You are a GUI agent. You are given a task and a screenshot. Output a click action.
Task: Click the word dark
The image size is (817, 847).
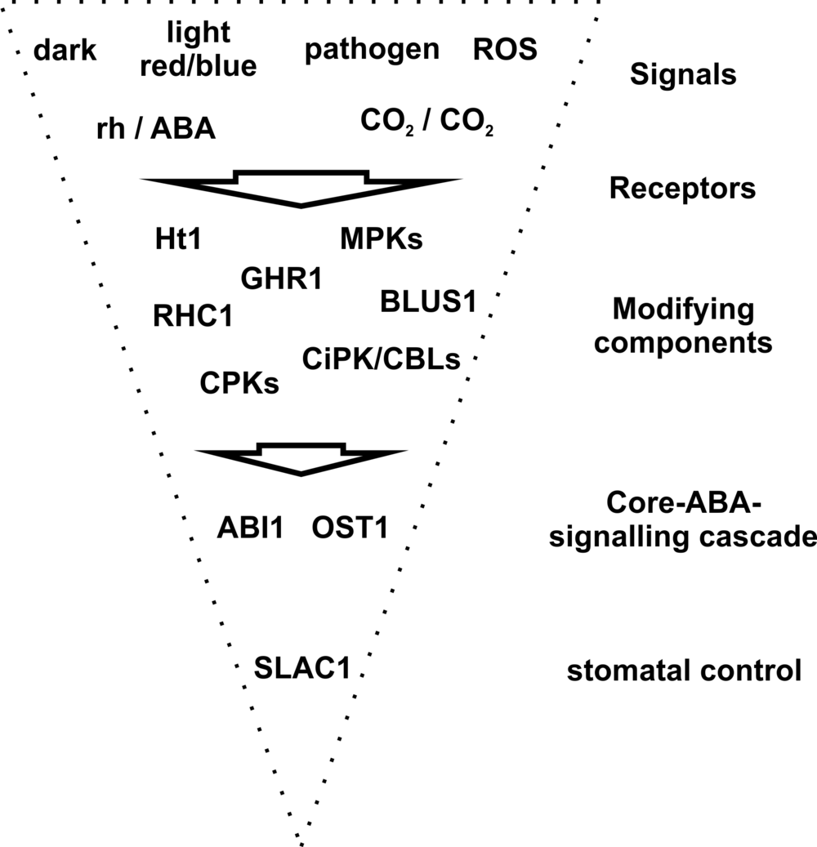(65, 51)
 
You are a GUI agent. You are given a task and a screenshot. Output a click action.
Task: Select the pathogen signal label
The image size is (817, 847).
(372, 50)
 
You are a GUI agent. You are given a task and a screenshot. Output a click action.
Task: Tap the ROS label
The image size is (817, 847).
(505, 50)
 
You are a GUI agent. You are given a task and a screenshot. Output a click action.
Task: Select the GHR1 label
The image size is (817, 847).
(282, 279)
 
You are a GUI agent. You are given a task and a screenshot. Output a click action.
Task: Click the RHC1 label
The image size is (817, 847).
(193, 315)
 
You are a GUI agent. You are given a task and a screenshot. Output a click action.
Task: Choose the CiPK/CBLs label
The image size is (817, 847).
(381, 358)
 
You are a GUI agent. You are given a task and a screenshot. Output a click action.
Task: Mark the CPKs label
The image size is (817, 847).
(239, 383)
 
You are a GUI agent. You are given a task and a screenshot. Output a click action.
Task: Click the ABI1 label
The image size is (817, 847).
(250, 528)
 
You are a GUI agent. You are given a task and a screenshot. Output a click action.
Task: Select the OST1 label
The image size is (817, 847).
(349, 528)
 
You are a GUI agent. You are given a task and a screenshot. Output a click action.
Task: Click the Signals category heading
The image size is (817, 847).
(683, 75)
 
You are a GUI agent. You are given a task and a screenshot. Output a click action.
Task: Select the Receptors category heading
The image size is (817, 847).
(682, 189)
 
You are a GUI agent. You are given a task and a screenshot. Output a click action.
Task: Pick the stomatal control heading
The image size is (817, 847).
(682, 672)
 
